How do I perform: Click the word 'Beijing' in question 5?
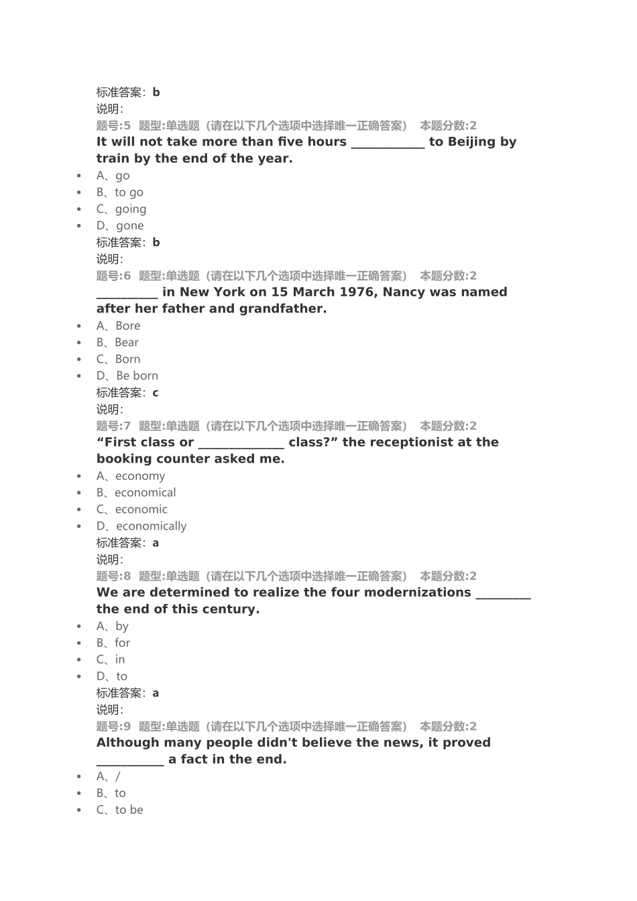471,141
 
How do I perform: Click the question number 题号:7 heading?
113,426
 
